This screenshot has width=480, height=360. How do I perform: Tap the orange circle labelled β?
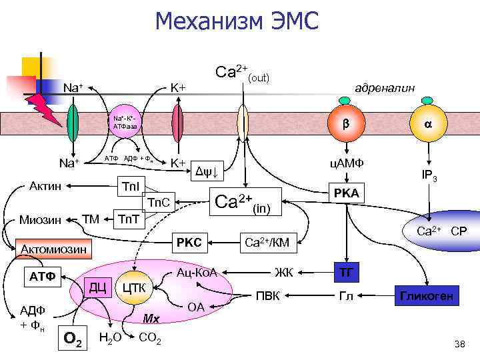point(345,123)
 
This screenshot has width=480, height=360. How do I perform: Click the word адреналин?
point(385,88)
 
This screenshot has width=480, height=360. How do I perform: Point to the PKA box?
point(346,193)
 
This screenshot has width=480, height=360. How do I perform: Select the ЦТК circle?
point(135,288)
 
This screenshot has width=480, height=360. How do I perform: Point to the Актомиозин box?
point(53,250)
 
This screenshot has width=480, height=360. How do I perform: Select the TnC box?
point(161,203)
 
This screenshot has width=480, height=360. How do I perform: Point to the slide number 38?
point(459,344)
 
